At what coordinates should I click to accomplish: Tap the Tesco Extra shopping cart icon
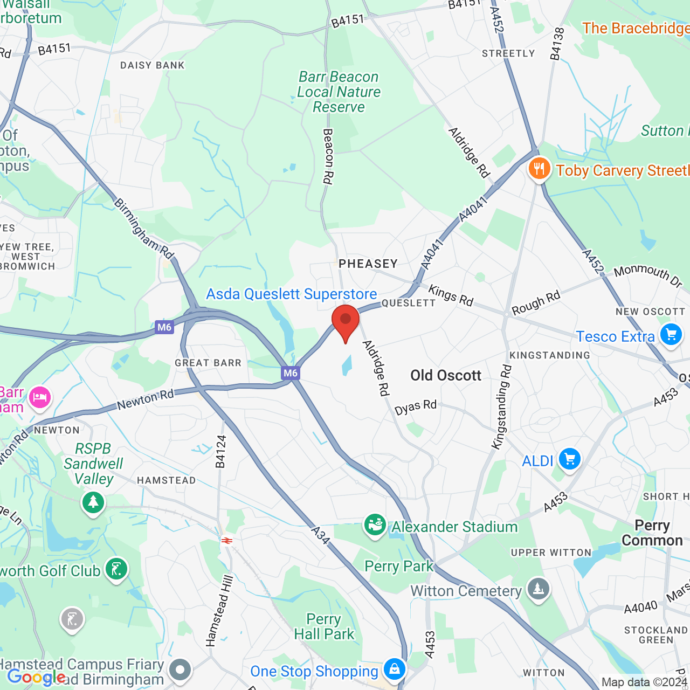coord(671,335)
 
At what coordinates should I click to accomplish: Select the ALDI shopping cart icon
coord(570,459)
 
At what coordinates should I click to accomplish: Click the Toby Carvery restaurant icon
coord(539,169)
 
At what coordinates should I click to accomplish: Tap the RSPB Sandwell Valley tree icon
coord(93,502)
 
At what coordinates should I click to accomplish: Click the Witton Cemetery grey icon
coord(538,589)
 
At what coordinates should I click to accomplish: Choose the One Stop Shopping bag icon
coord(395,670)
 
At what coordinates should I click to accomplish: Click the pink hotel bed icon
coord(40,398)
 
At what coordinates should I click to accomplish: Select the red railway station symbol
coord(227,540)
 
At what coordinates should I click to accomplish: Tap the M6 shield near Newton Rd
coord(290,372)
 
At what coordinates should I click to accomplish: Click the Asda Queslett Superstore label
coord(292,294)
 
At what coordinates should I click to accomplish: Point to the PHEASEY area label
coord(368,264)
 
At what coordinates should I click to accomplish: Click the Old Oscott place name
coord(446,375)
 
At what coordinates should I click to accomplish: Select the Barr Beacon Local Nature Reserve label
coord(339,92)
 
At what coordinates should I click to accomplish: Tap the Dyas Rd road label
coord(416,407)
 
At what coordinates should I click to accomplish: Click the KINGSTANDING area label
coord(550,355)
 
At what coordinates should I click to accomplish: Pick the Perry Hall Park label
coord(324,626)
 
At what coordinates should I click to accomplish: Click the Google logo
coord(36,677)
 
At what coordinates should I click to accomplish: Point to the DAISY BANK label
coord(153,65)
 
